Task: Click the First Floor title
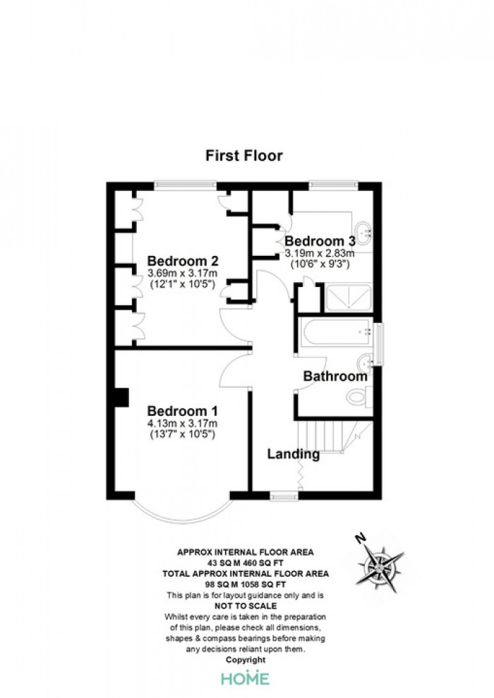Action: tap(244, 156)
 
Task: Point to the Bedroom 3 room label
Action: tap(319, 240)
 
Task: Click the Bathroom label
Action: tap(335, 376)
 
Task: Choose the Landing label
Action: tap(293, 455)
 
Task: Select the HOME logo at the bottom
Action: tap(245, 678)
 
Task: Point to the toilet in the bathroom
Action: tap(357, 398)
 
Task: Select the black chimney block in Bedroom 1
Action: tap(121, 398)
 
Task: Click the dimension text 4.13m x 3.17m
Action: tap(182, 424)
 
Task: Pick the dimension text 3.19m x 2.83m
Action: tap(319, 252)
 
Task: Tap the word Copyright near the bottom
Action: tap(246, 660)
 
